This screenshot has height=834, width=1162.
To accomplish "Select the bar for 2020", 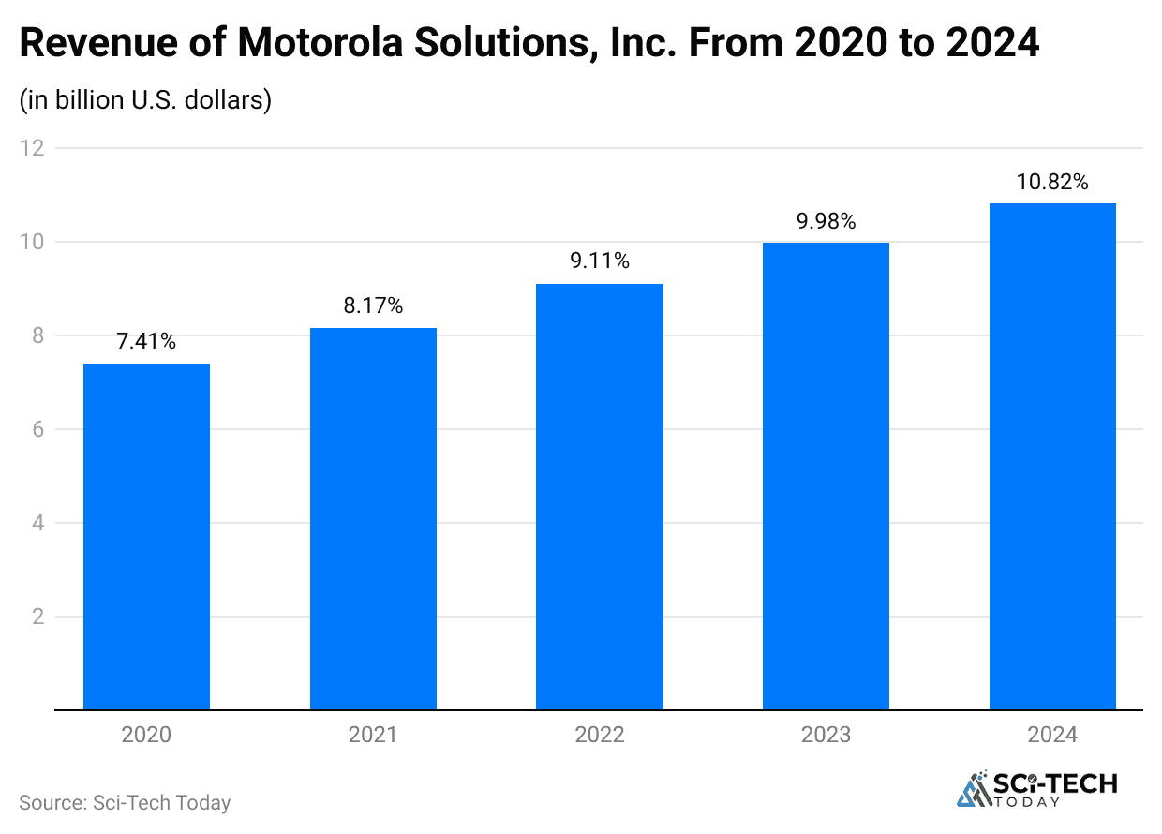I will [x=146, y=536].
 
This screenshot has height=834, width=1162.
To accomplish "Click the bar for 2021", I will [x=373, y=518].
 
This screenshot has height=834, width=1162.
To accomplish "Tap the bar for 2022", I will [x=600, y=497].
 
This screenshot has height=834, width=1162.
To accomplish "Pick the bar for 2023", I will [x=826, y=476].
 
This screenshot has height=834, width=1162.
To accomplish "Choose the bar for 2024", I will [x=1052, y=456].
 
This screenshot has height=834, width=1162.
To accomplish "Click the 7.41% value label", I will [x=146, y=342].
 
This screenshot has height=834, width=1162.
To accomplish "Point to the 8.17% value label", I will [x=373, y=305].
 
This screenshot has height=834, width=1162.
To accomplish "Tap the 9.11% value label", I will [x=600, y=261].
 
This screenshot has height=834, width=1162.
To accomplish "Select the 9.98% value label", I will [x=826, y=221].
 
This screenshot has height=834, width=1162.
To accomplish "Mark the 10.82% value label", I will [x=1052, y=182].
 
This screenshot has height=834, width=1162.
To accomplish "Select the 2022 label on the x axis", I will [x=600, y=735].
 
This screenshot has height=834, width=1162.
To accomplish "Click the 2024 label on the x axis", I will [x=1052, y=735].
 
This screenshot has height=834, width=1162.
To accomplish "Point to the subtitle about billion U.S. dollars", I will [x=145, y=99].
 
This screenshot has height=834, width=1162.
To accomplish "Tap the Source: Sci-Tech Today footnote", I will [x=125, y=803].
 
